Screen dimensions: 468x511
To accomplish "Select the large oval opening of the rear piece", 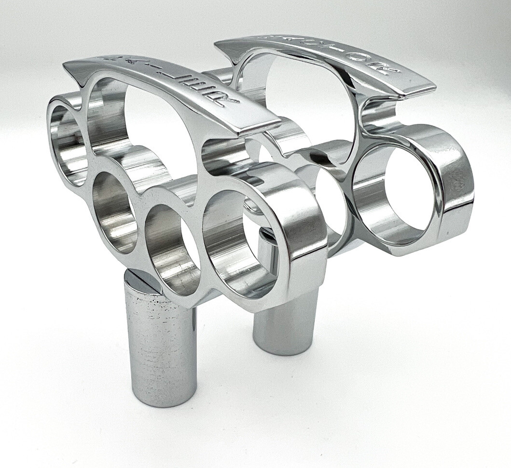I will [299, 96].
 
